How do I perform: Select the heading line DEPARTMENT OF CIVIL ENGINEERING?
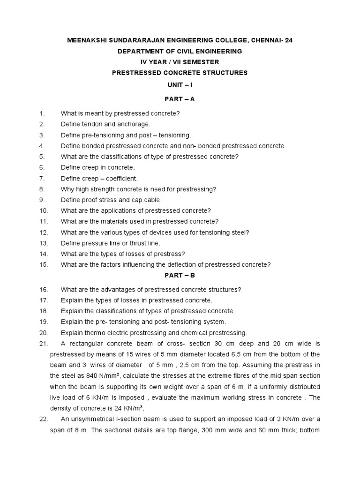180,51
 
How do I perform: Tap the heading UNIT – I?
180,83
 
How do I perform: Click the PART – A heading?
180,99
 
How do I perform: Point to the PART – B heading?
180,276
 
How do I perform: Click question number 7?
42,179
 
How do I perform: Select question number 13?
44,243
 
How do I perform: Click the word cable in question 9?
151,200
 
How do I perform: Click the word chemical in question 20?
196,333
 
